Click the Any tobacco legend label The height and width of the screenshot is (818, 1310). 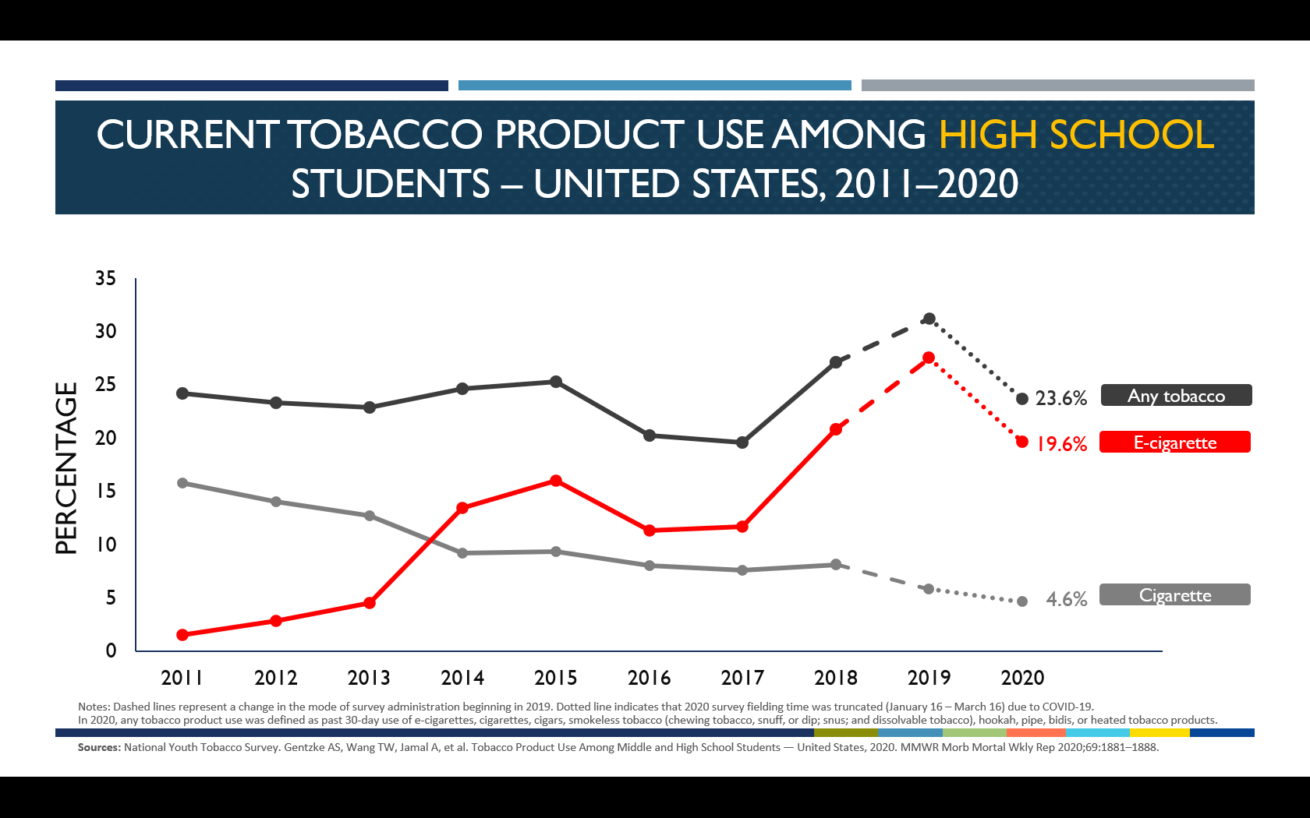(1176, 396)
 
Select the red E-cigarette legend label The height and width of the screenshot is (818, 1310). (1174, 442)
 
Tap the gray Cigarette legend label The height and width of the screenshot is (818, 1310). (1174, 595)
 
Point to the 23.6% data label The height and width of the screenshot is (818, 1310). (1060, 399)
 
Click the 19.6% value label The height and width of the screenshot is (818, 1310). (1061, 444)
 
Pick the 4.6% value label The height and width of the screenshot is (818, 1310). (1066, 599)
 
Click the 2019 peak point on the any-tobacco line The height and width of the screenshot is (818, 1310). (929, 319)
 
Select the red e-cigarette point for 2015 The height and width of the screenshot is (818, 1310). (556, 481)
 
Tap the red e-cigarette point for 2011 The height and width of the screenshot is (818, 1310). (182, 635)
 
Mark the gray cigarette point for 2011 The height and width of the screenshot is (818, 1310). (182, 483)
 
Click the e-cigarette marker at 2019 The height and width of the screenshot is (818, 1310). (929, 358)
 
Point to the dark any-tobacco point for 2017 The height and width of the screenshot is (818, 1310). (742, 442)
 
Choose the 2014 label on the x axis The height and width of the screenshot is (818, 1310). (462, 678)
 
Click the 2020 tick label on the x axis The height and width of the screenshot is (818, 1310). (1022, 678)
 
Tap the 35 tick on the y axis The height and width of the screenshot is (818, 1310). (105, 278)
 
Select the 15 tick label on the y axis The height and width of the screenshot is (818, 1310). (105, 491)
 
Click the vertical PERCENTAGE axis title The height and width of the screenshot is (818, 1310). (67, 467)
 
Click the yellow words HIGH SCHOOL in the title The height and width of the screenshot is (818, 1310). (1076, 134)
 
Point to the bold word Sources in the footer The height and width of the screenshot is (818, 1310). (99, 747)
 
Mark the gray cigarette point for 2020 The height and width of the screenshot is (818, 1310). (1022, 601)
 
